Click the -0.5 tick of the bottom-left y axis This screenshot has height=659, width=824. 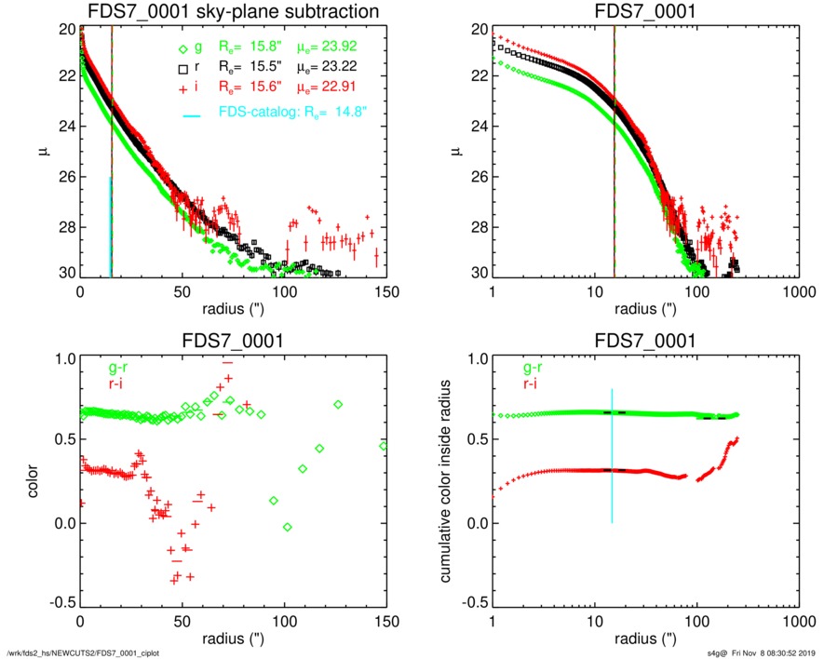(x=61, y=603)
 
